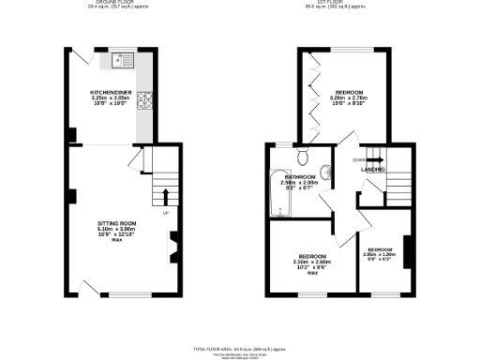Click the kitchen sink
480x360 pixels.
(x=123, y=63)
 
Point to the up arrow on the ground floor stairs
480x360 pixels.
(x=166, y=196)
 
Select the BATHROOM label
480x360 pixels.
(x=300, y=176)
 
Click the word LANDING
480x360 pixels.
(x=374, y=169)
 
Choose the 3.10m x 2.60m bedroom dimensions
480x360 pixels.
(x=312, y=262)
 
